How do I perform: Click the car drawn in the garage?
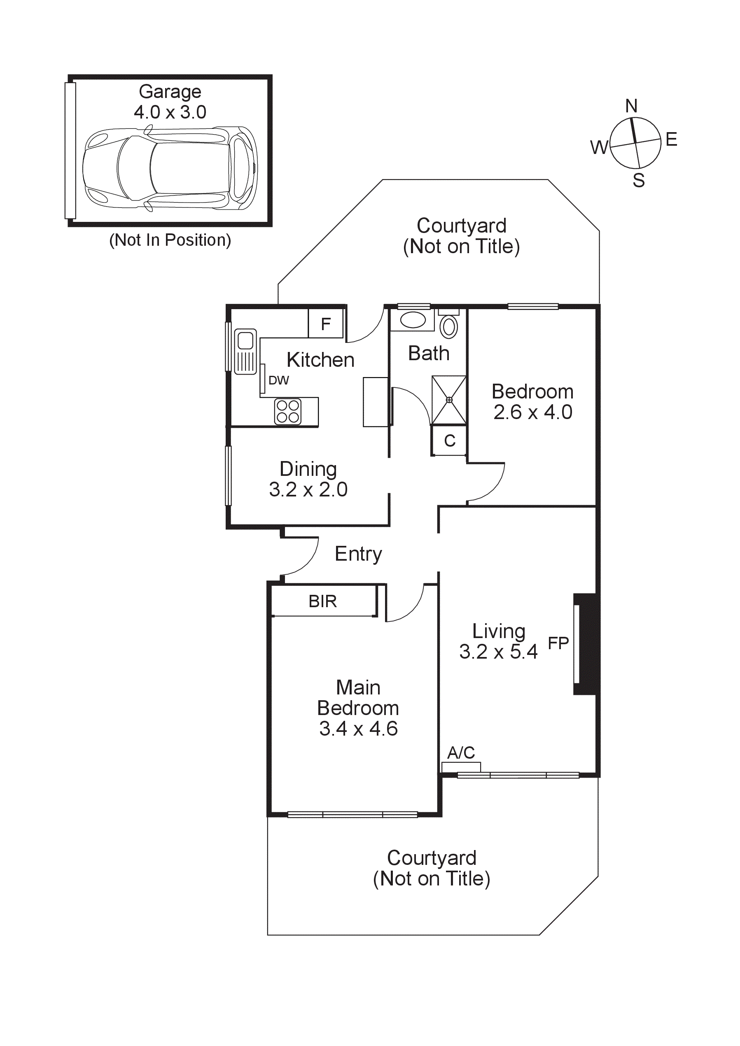click(x=170, y=168)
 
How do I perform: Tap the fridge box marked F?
click(x=325, y=324)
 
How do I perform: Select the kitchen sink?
click(x=245, y=351)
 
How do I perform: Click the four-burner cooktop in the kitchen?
click(x=288, y=411)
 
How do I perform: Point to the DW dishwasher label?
click(x=278, y=380)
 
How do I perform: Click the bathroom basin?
click(x=413, y=320)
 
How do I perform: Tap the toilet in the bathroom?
click(x=449, y=326)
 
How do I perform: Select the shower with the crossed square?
click(x=449, y=400)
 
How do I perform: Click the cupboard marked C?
click(x=449, y=440)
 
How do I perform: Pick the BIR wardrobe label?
click(x=322, y=601)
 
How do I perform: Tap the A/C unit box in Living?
click(x=461, y=767)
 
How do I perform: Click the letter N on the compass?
click(x=631, y=106)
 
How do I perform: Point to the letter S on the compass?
click(x=638, y=181)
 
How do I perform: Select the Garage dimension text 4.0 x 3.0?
click(x=170, y=112)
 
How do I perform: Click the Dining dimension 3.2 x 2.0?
click(x=308, y=490)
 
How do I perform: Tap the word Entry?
click(x=358, y=554)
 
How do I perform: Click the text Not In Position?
click(x=170, y=240)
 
